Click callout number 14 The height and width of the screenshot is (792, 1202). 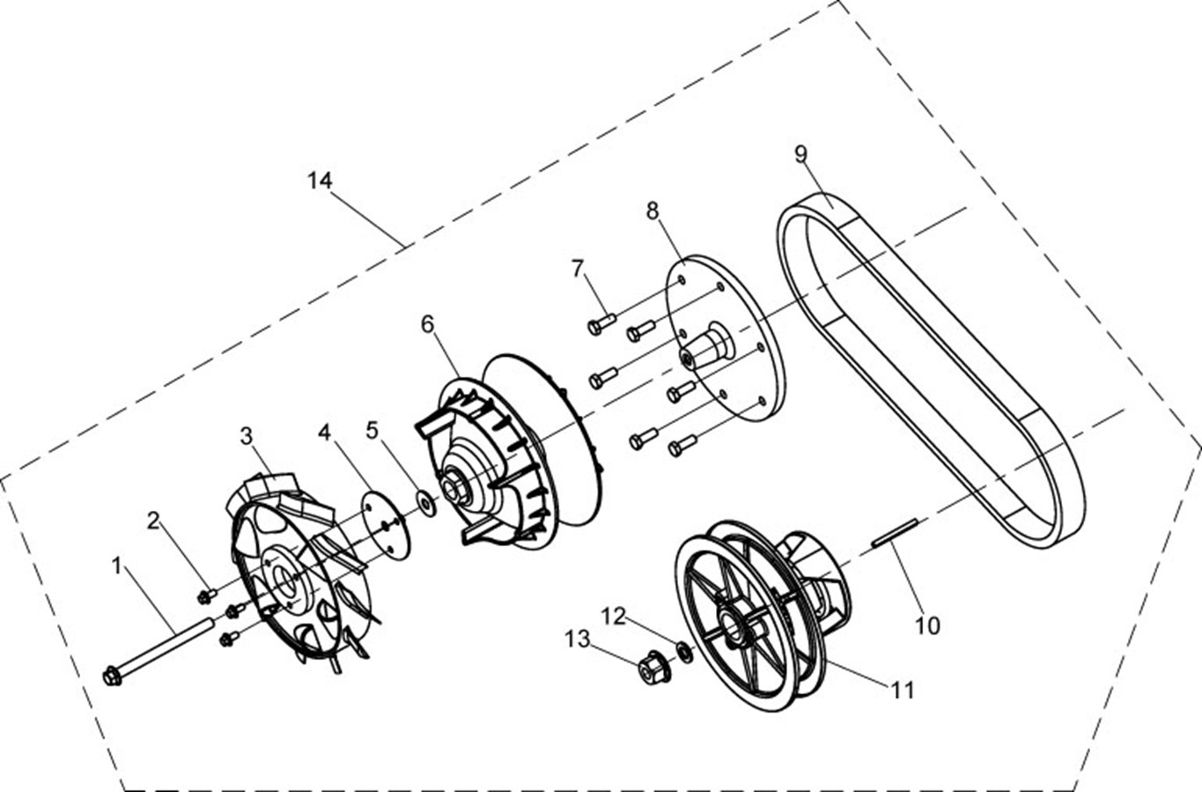[x=320, y=180]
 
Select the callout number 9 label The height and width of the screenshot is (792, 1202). [x=800, y=154]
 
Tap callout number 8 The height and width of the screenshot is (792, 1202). [x=652, y=211]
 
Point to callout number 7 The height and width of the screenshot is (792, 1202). [x=578, y=268]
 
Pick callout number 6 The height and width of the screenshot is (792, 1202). [x=427, y=324]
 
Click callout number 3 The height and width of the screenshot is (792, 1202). [x=247, y=435]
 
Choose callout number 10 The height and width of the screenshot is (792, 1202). [x=927, y=625]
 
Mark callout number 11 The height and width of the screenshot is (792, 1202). [x=902, y=690]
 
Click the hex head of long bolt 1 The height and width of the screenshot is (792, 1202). [x=112, y=677]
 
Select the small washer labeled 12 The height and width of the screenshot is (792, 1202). [x=683, y=651]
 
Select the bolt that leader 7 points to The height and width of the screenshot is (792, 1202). [x=601, y=323]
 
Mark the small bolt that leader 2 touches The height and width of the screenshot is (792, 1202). [x=205, y=596]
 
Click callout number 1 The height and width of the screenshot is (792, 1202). [x=117, y=565]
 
